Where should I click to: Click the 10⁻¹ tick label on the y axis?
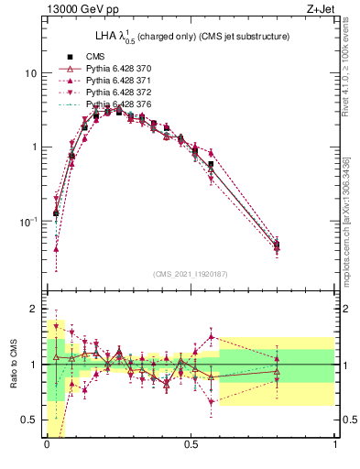pyautogui.click(x=29, y=222)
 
